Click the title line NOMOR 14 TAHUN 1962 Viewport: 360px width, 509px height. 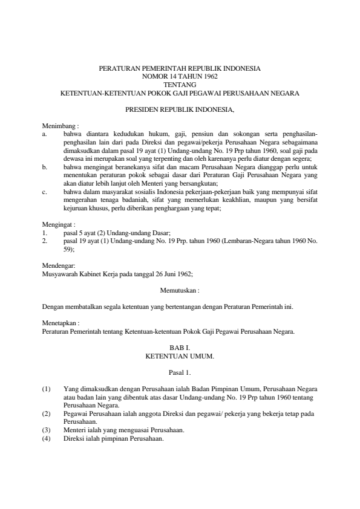click(x=180, y=77)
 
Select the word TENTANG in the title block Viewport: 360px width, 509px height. click(x=180, y=85)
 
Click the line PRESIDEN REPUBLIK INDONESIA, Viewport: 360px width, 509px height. click(x=180, y=111)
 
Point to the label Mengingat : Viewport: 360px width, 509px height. click(x=59, y=224)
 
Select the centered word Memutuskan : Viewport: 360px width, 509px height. click(x=180, y=290)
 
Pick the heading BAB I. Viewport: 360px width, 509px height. click(x=180, y=348)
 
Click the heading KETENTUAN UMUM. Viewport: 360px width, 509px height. click(x=180, y=357)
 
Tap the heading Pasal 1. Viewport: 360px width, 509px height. click(x=180, y=373)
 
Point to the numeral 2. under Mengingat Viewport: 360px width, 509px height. click(x=45, y=240)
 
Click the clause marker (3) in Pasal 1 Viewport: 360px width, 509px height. click(x=47, y=430)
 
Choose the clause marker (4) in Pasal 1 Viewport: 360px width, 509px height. click(x=47, y=438)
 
